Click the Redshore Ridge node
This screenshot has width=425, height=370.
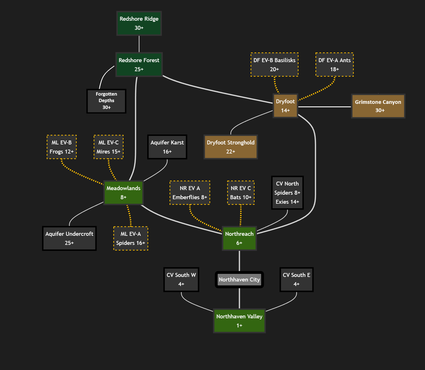[x=139, y=23]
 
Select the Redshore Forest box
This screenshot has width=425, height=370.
[x=139, y=64]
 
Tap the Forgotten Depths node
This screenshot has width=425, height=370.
[x=106, y=101]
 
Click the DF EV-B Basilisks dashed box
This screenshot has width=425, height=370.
[x=274, y=64]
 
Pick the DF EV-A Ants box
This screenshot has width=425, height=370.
[x=334, y=64]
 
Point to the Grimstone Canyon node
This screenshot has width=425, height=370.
[x=378, y=106]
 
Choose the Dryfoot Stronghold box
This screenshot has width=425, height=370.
[x=230, y=147]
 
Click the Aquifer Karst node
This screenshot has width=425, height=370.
[x=167, y=147]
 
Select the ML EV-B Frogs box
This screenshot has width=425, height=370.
[x=61, y=147]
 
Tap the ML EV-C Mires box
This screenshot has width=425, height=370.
[x=108, y=147]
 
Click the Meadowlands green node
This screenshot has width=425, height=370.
[x=123, y=192]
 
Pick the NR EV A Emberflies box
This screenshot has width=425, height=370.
[x=190, y=192]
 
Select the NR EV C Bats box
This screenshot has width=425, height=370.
[x=241, y=192]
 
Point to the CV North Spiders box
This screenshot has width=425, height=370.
[x=287, y=192]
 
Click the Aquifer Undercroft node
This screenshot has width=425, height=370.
[x=69, y=238]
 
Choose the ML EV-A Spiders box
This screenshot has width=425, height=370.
[x=131, y=238]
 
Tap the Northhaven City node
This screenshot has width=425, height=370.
[x=239, y=279]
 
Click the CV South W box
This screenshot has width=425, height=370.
[x=181, y=279]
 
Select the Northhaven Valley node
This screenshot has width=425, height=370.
[x=239, y=321]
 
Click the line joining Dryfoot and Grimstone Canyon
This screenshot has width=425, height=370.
[x=324, y=107]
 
